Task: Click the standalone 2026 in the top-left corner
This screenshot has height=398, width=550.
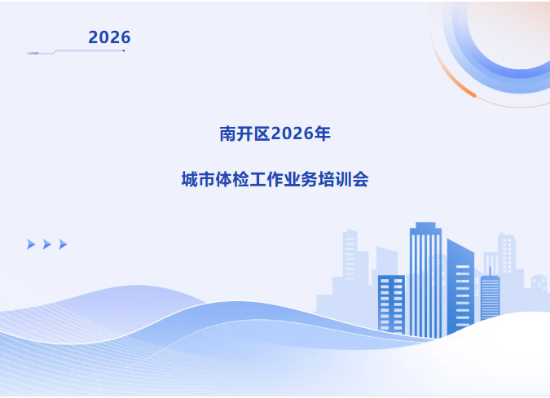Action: point(109,37)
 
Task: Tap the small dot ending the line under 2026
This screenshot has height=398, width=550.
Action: point(124,50)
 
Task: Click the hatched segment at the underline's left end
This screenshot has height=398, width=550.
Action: point(33,53)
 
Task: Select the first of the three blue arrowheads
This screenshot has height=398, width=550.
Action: point(31,244)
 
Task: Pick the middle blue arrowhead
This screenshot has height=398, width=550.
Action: point(47,244)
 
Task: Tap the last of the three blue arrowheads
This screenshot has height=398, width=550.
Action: point(63,244)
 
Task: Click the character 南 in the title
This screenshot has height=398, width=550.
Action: point(228,133)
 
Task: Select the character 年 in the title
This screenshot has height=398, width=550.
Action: point(322,133)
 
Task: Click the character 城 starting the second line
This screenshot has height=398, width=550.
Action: point(190,179)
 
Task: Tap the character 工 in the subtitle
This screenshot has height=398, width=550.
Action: point(257,179)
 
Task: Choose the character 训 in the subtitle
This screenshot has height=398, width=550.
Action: point(343,179)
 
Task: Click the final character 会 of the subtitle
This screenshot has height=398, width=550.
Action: point(360,179)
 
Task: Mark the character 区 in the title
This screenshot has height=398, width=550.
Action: point(262,133)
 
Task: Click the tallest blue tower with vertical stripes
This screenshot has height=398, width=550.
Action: point(425,280)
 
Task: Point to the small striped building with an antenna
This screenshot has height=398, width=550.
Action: point(490,296)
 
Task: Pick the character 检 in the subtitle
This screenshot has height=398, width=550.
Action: point(240,179)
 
